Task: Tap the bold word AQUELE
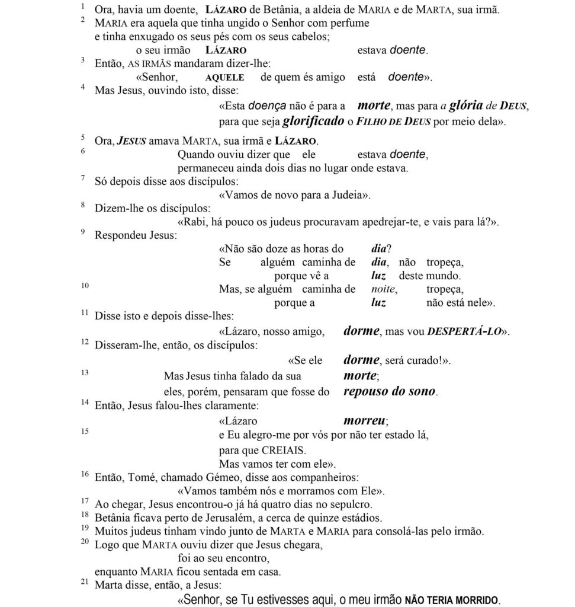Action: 224,78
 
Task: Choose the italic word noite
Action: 384,290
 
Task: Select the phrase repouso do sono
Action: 390,391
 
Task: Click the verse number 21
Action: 84,583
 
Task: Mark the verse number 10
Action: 85,286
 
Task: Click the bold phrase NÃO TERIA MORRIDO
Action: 451,600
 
